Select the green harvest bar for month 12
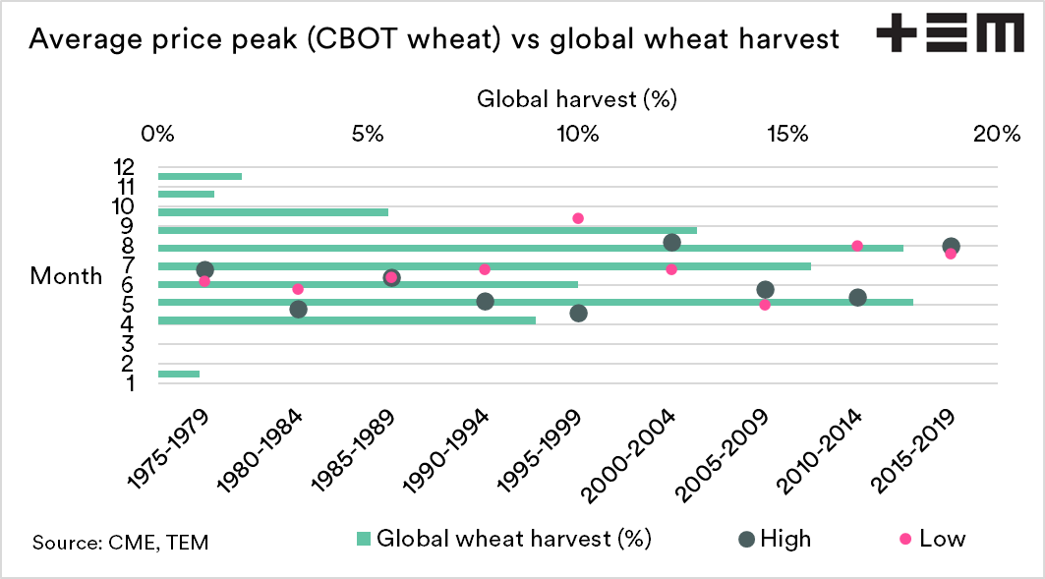[200, 177]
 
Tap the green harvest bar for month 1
[178, 374]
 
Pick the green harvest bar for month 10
[272, 212]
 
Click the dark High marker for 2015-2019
[951, 246]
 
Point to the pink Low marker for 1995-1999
[578, 218]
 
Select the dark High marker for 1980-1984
[298, 310]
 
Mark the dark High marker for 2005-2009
[765, 289]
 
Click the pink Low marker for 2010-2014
[857, 246]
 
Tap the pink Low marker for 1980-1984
[298, 289]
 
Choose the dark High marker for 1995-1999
[578, 313]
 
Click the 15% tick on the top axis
[787, 134]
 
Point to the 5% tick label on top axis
[367, 134]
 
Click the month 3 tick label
[128, 343]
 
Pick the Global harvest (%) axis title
[577, 99]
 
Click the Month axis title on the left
[66, 276]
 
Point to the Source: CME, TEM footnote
[120, 542]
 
